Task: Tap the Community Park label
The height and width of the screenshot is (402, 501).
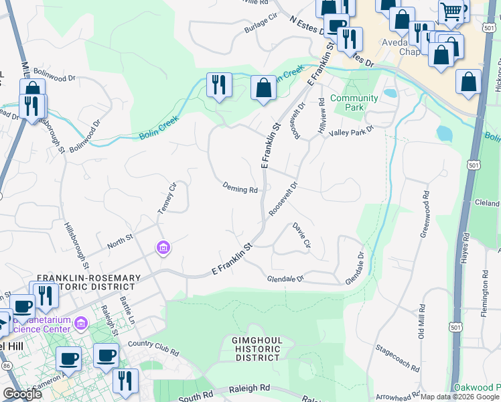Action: point(354,103)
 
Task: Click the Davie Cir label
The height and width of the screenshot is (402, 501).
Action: point(301,236)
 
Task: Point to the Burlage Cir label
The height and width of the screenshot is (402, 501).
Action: point(261,21)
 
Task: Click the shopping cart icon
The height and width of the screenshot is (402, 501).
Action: point(451,11)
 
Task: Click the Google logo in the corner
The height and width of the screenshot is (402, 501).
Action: point(22,394)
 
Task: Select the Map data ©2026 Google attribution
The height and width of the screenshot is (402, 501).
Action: point(459,397)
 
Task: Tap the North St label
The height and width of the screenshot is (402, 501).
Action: point(121,240)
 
